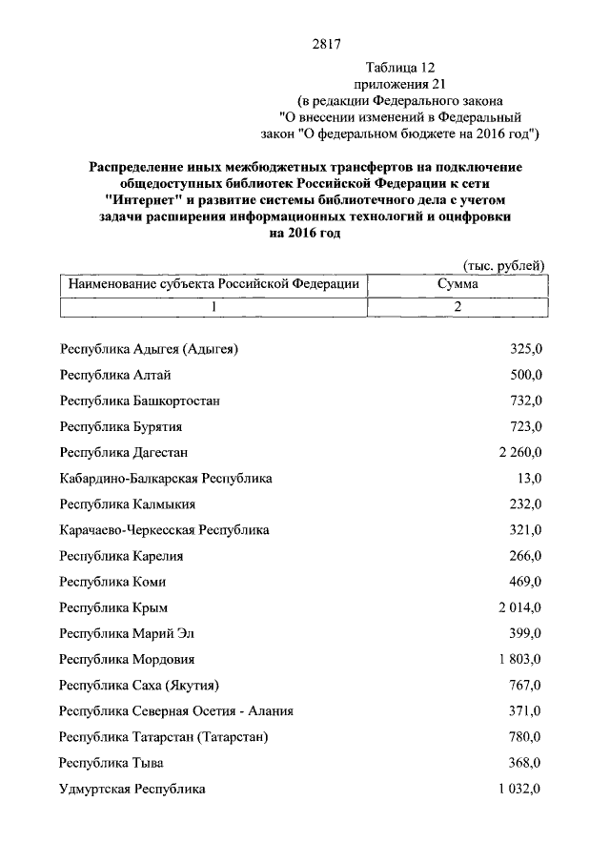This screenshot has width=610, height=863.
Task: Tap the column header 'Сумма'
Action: click(457, 284)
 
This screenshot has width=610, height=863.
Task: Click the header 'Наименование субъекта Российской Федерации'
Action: click(213, 284)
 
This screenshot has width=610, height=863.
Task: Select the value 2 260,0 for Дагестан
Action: click(519, 452)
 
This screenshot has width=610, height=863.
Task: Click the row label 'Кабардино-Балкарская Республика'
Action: click(166, 478)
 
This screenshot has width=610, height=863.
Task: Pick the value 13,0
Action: click(527, 478)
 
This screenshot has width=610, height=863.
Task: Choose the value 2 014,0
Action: click(519, 607)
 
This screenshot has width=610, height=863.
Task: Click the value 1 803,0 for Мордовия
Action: click(519, 659)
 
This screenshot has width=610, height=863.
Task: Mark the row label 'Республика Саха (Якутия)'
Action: click(140, 685)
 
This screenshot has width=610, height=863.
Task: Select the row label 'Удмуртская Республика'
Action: click(132, 789)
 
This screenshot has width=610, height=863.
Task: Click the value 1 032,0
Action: click(519, 789)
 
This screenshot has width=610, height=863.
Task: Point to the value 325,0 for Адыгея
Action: click(525, 349)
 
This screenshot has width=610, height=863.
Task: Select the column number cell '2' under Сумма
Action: click(457, 307)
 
